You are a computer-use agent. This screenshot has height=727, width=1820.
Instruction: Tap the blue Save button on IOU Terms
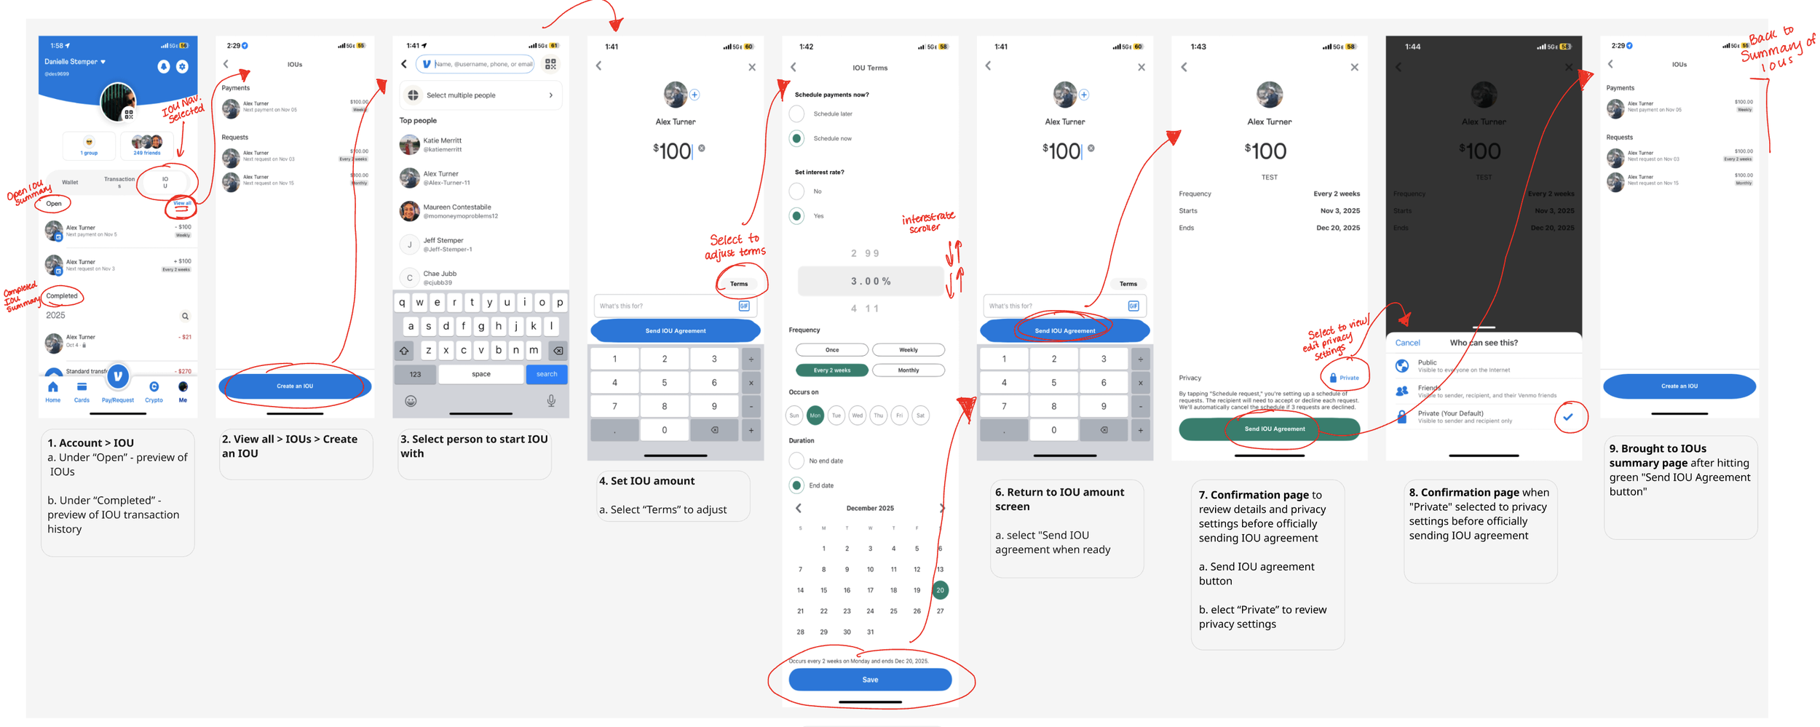pyautogui.click(x=869, y=679)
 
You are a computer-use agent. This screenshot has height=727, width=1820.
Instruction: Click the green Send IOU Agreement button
pyautogui.click(x=1268, y=429)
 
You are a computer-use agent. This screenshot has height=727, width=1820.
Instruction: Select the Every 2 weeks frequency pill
pyautogui.click(x=831, y=370)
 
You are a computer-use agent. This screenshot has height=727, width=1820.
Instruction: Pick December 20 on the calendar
pyautogui.click(x=939, y=589)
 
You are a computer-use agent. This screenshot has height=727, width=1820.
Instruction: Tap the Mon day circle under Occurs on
pyautogui.click(x=815, y=415)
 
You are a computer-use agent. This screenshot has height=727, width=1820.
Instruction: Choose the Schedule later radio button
pyautogui.click(x=796, y=114)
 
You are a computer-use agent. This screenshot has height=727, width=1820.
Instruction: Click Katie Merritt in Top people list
pyautogui.click(x=442, y=144)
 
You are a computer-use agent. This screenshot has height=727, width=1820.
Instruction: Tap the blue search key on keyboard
pyautogui.click(x=546, y=374)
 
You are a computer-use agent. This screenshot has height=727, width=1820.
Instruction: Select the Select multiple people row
pyautogui.click(x=480, y=95)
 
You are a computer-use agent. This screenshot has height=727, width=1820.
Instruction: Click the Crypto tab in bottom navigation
pyautogui.click(x=154, y=391)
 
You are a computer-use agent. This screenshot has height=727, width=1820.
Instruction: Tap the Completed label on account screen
pyautogui.click(x=62, y=295)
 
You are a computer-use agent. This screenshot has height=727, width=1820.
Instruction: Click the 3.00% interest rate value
pyautogui.click(x=870, y=281)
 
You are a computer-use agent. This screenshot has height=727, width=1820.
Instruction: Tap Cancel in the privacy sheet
pyautogui.click(x=1406, y=343)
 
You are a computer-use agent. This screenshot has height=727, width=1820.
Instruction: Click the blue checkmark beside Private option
pyautogui.click(x=1567, y=417)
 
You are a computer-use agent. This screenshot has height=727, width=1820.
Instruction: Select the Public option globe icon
pyautogui.click(x=1401, y=365)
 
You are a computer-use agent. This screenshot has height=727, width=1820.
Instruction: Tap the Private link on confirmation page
pyautogui.click(x=1344, y=378)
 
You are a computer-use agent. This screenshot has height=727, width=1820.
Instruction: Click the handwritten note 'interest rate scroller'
pyautogui.click(x=927, y=222)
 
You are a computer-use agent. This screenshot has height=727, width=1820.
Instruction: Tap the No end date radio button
pyautogui.click(x=796, y=461)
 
